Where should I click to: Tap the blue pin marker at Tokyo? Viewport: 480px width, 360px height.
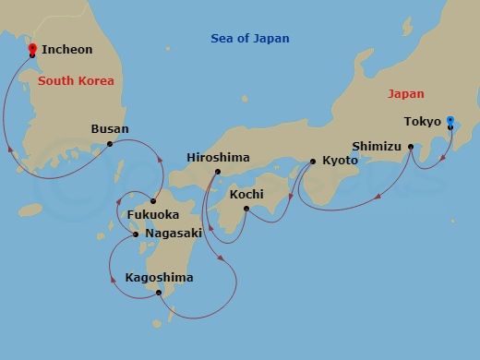coord(450,121)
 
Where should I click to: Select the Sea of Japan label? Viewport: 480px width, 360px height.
coord(249,39)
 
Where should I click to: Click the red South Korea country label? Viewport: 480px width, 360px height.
coord(77,81)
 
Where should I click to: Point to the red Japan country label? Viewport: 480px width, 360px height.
coord(406,93)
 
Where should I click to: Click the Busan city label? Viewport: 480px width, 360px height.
coord(110,129)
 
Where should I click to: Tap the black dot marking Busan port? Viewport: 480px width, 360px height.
coord(110,143)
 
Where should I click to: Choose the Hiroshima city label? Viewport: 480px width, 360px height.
coord(218,158)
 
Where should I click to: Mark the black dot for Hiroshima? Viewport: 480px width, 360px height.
coord(217,172)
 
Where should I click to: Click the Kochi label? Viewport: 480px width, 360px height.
coord(246,194)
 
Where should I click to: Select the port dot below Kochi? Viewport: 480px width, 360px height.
coord(246,208)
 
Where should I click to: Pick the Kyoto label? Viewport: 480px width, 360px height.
coord(340,162)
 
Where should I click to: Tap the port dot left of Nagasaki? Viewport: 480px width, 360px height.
coord(136,234)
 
